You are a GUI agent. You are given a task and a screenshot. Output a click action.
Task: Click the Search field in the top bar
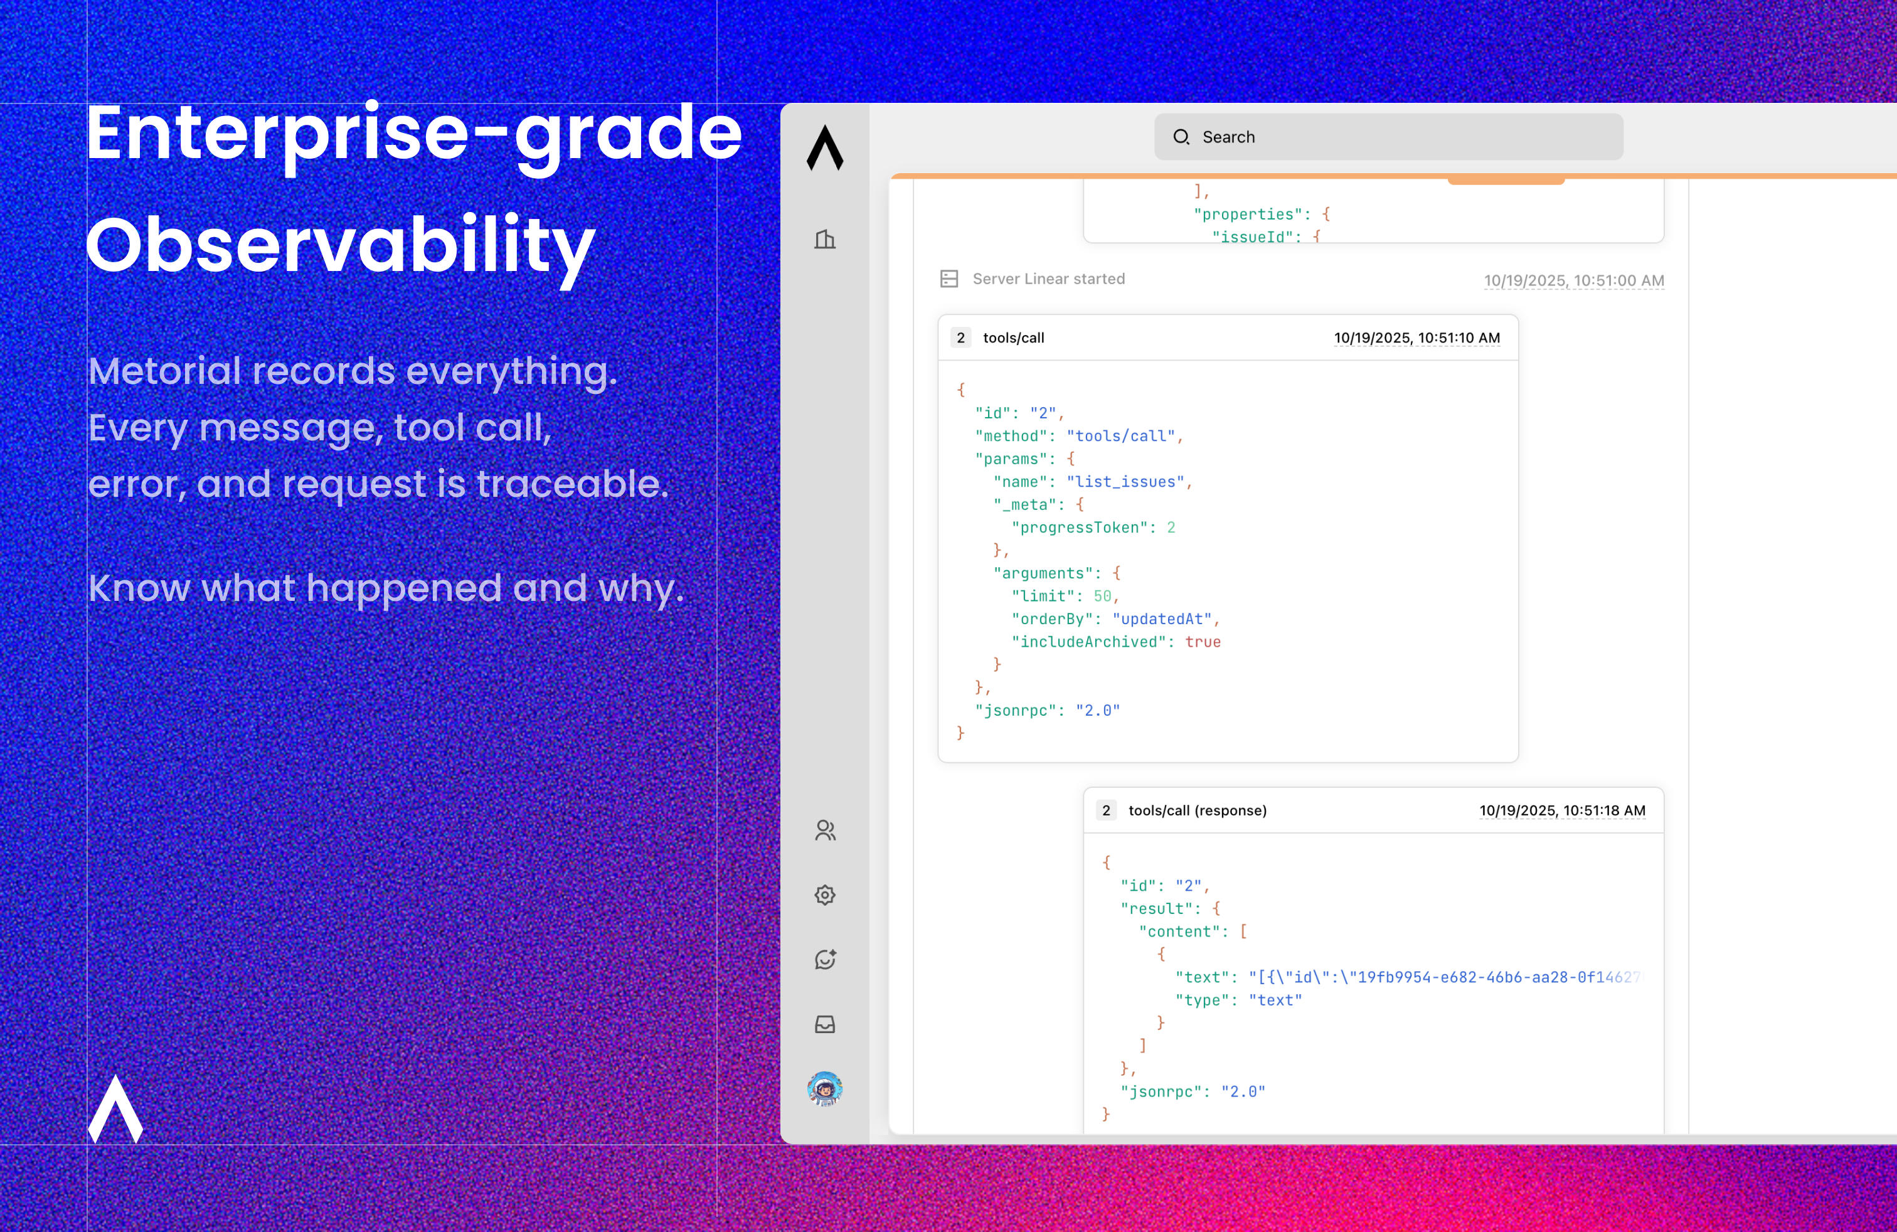[1388, 137]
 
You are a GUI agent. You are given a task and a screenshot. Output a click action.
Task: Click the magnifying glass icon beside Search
[1181, 137]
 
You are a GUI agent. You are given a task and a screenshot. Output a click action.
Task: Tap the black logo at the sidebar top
[825, 147]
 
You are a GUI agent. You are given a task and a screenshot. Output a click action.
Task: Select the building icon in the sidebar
[825, 239]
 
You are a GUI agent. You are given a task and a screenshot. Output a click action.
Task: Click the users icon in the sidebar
[825, 831]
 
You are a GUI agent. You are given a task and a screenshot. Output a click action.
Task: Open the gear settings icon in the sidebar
[825, 895]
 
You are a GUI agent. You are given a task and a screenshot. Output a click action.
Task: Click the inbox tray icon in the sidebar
[825, 1024]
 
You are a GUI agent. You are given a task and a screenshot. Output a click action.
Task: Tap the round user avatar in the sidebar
[825, 1088]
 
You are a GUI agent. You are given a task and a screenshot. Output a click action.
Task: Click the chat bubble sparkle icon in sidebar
[825, 960]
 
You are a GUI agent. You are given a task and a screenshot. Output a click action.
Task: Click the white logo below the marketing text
[115, 1108]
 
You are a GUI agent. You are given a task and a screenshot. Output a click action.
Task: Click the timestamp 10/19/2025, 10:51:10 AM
[1417, 338]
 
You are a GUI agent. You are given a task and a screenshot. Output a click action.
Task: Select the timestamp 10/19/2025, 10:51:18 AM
[1562, 810]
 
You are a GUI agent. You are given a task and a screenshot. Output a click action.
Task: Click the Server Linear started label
[1049, 279]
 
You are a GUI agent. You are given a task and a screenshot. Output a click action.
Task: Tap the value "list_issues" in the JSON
[1125, 482]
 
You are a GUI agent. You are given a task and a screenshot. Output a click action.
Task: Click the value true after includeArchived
[1203, 642]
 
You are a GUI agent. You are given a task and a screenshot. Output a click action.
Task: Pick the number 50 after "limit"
[1102, 596]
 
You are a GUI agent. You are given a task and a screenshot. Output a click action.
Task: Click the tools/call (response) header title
[1197, 810]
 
